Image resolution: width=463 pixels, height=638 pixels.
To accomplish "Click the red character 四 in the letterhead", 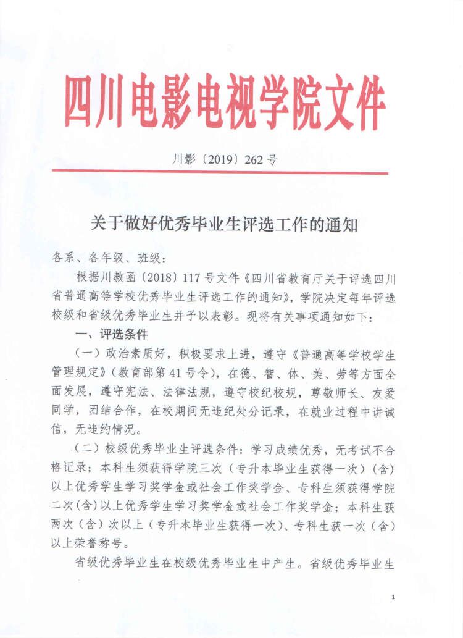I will [84, 103].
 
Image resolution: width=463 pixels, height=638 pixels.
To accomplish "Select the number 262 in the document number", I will [254, 159].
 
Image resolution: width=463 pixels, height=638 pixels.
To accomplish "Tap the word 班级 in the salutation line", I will [149, 257].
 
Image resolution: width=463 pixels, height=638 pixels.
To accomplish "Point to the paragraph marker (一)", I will [88, 355].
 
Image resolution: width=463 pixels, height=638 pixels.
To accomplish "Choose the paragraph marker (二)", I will [88, 448].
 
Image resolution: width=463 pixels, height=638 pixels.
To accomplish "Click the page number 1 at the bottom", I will [393, 597].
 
